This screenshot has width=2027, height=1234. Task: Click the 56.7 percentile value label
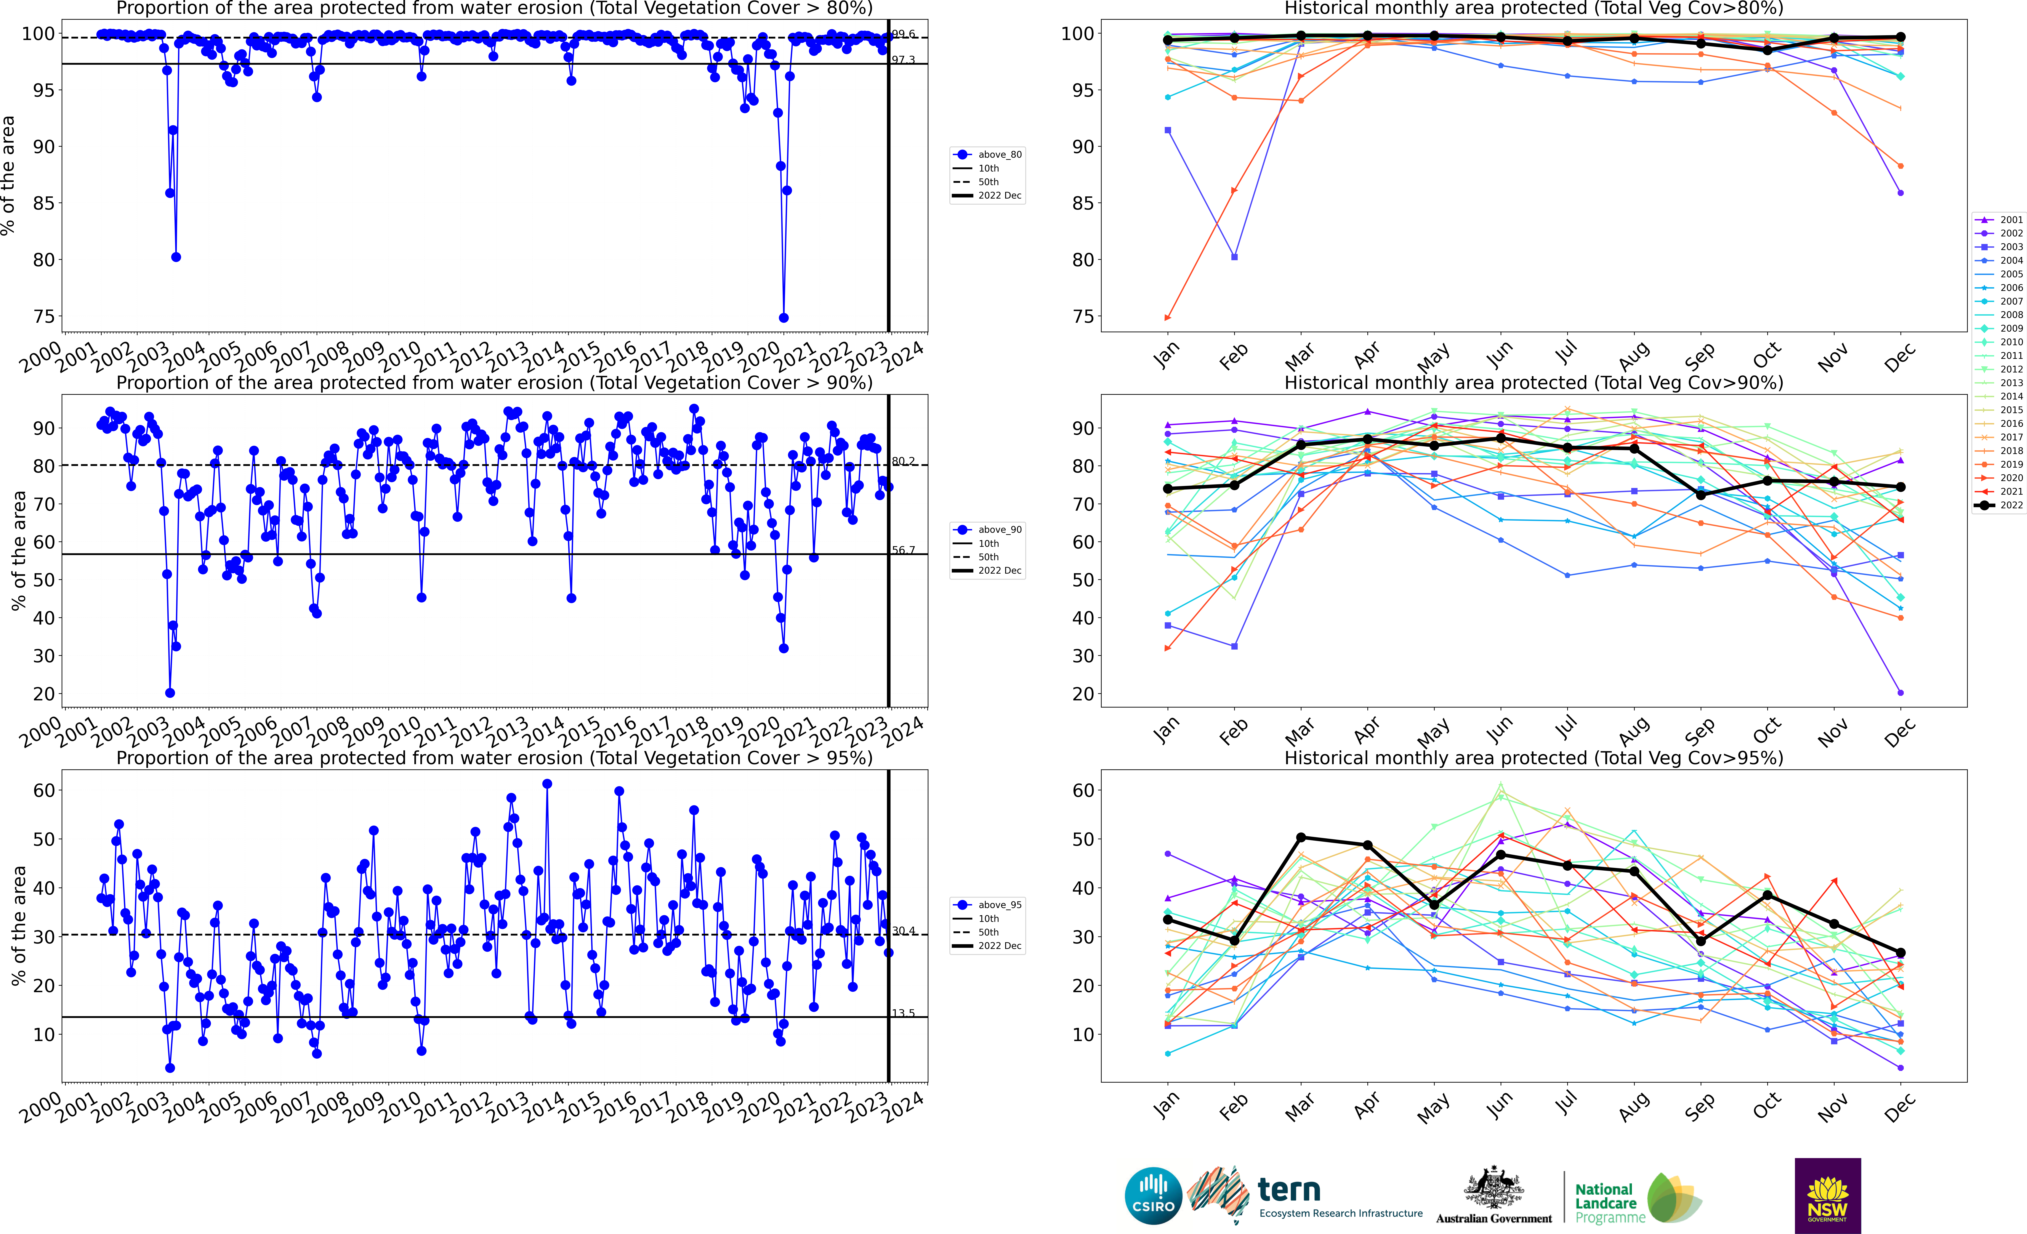(x=903, y=550)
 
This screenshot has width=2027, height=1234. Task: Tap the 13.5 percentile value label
(x=903, y=1014)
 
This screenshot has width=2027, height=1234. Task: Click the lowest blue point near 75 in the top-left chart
(x=784, y=318)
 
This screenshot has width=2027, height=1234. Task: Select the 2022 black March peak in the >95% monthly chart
(x=1301, y=838)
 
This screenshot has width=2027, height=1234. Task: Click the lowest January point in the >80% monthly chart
(x=1167, y=318)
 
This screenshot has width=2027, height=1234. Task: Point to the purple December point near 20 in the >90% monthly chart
(x=1900, y=693)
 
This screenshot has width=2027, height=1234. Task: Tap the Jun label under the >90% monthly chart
(x=1500, y=728)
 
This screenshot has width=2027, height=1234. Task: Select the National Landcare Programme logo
(x=1637, y=1199)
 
